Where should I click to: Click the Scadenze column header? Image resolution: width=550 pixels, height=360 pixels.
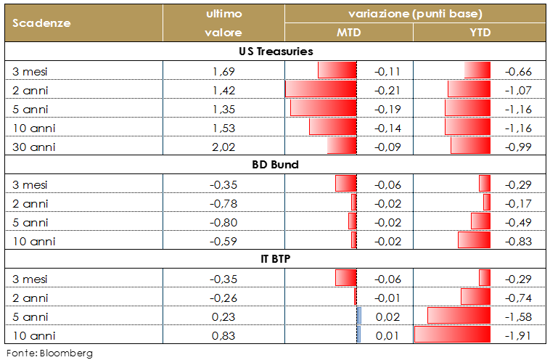(41, 22)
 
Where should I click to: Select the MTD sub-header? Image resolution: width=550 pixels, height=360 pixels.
(348, 33)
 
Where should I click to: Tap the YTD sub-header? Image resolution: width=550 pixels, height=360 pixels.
(480, 33)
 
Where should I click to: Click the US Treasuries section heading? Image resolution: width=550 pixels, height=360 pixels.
(275, 52)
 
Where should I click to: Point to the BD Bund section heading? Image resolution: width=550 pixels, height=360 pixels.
(275, 165)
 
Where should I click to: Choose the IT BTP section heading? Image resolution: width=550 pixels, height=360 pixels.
(275, 259)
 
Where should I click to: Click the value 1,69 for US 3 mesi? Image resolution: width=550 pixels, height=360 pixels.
(223, 71)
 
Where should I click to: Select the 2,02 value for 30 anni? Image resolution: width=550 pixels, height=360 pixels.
(223, 147)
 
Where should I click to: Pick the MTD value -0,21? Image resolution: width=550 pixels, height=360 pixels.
(387, 90)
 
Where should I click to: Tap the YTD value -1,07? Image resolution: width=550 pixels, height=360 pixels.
(518, 90)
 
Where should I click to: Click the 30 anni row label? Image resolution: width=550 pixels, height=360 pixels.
(34, 147)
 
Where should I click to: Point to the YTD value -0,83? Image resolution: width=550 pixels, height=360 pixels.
(518, 241)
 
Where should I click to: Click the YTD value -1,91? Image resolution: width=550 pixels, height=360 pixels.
(518, 335)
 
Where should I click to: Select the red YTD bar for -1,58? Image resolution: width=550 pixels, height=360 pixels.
(459, 316)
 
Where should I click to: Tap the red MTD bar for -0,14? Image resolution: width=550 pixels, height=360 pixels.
(333, 128)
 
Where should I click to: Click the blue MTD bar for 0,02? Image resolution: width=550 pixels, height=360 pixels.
(359, 316)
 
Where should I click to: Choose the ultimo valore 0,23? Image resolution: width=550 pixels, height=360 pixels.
(223, 316)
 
